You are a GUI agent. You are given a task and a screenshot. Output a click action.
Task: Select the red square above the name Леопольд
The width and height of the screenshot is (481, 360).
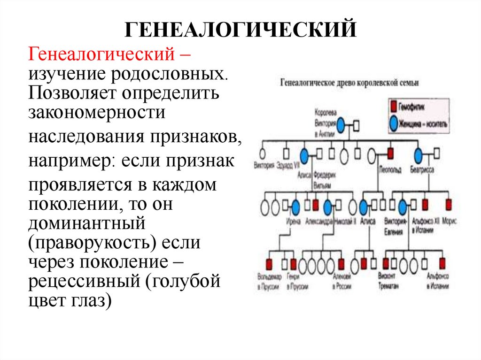[x=390, y=153]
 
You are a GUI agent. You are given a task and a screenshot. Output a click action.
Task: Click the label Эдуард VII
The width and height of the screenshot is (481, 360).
[x=288, y=165]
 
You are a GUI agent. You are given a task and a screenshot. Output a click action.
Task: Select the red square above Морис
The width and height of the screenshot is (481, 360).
[x=448, y=205]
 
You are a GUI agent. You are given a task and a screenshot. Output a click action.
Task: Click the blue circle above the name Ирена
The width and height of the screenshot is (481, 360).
[x=295, y=206]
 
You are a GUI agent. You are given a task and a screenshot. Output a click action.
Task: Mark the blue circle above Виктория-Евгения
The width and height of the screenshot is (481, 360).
[x=403, y=206]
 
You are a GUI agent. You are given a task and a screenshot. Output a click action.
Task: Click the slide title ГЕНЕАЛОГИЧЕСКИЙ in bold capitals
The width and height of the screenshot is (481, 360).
[x=240, y=30]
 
